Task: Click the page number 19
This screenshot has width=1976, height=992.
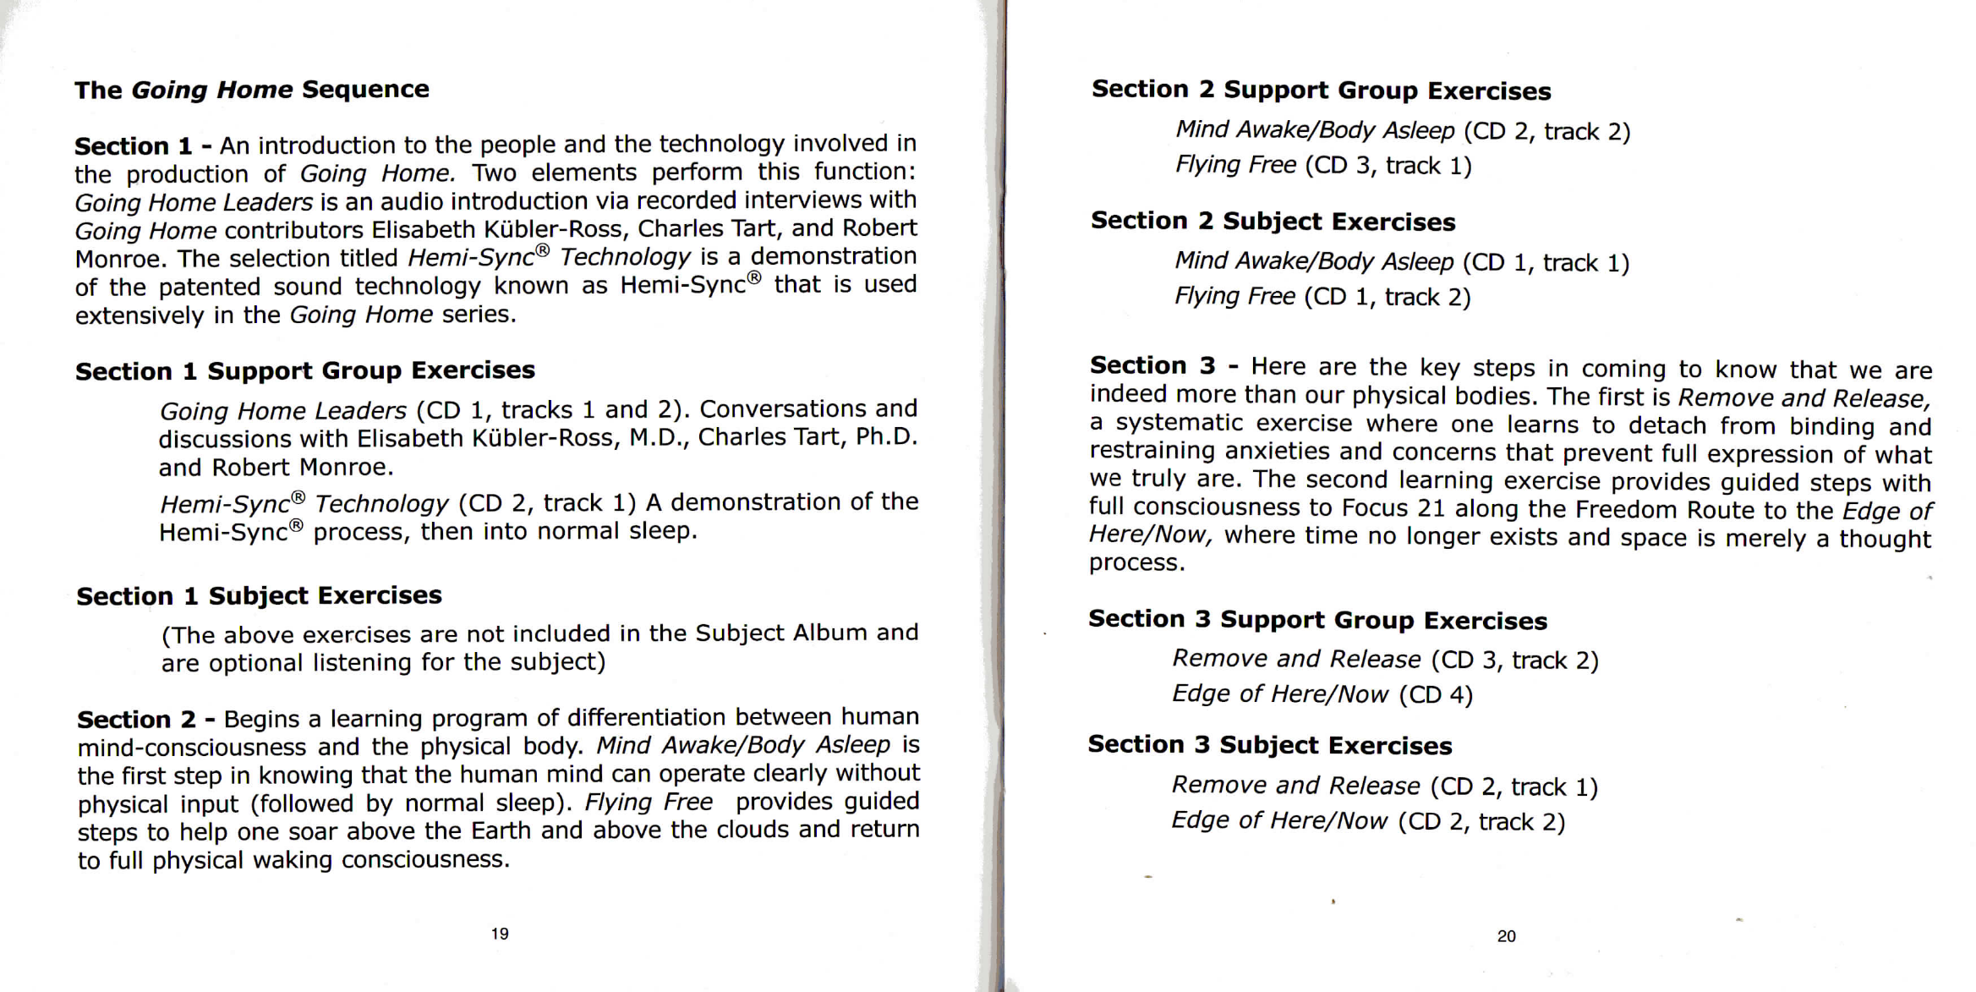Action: [x=500, y=934]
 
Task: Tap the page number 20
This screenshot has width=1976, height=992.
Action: [x=1506, y=936]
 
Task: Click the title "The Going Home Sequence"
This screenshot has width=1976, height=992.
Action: [x=251, y=90]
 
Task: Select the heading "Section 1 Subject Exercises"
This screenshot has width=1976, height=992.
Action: [x=259, y=596]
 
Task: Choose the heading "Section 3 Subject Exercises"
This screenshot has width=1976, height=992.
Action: [x=1269, y=745]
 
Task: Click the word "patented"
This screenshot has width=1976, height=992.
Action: [x=209, y=288]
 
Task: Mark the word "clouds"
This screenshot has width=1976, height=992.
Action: [x=752, y=830]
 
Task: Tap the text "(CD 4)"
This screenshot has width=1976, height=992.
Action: [x=1435, y=695]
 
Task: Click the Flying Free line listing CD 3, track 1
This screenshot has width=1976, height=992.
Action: [x=1323, y=166]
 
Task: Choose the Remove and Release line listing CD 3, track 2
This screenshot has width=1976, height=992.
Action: [x=1385, y=660]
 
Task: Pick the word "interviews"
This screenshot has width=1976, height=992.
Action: [x=810, y=200]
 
